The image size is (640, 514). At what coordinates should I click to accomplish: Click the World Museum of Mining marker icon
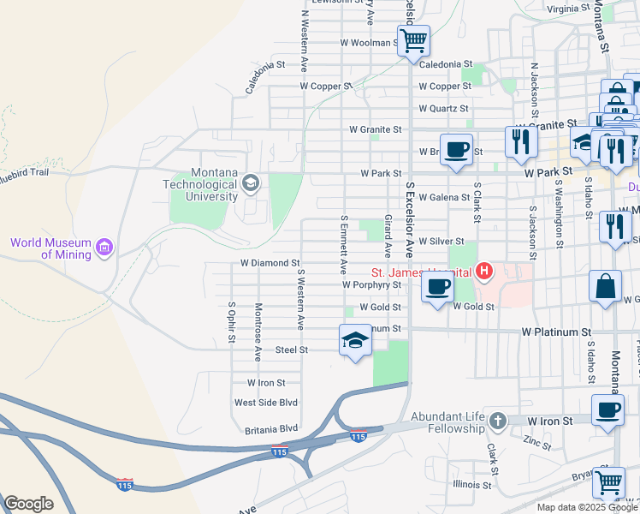104,248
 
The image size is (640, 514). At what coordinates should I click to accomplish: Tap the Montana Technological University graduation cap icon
251,182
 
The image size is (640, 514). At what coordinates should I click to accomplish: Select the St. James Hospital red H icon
484,272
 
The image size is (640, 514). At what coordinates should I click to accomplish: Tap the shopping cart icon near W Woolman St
413,39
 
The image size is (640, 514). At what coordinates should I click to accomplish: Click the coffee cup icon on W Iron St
607,409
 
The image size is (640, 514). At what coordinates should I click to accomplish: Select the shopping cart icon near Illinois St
608,481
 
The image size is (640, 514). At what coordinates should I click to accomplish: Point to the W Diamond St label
270,263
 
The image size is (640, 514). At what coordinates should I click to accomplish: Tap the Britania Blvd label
265,428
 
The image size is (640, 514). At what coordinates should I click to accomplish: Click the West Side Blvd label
265,403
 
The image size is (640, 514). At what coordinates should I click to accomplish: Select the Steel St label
291,350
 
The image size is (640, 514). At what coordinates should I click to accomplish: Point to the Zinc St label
537,442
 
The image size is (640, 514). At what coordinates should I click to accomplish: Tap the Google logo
28,503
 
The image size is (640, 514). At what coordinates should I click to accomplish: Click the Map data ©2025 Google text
588,507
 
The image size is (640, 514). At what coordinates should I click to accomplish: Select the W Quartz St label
443,109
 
